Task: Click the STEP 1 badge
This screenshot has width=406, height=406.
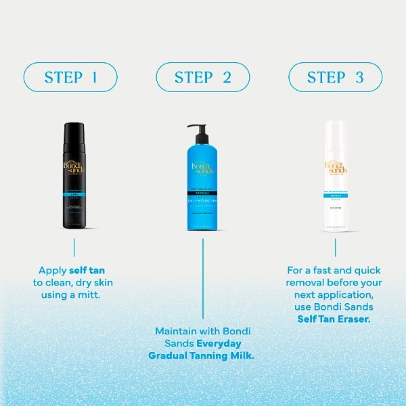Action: [71, 77]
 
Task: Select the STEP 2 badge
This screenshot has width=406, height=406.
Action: [203, 77]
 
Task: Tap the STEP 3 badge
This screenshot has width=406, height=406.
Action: [335, 77]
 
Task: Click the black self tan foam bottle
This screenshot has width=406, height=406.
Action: [74, 176]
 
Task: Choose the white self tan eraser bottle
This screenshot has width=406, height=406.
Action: [335, 179]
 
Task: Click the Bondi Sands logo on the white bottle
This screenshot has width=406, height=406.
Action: [335, 168]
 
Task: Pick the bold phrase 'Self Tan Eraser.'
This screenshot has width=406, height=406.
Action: [334, 319]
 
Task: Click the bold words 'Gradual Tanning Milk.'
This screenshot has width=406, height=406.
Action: [202, 355]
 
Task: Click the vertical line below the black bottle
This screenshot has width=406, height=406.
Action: [74, 246]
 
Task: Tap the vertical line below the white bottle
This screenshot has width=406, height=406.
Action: [335, 246]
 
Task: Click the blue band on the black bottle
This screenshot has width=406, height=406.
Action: [74, 194]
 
